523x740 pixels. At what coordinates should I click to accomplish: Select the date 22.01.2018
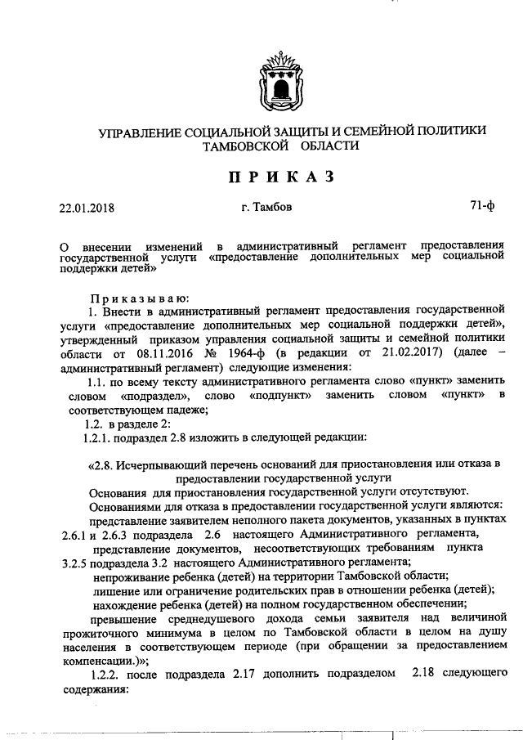pos(87,208)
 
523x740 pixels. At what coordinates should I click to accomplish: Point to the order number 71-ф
pos(482,207)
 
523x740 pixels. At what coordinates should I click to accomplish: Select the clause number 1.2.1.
pos(99,437)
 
